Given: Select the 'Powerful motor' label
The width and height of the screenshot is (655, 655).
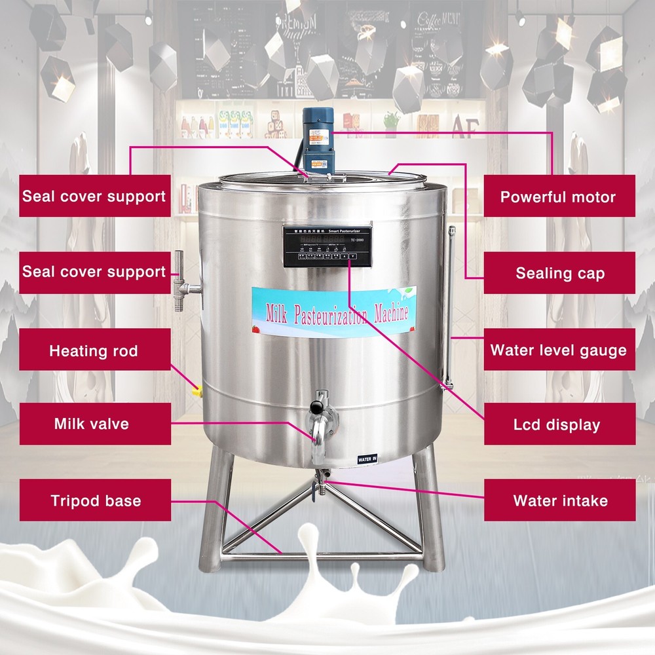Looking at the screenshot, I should pyautogui.click(x=559, y=196).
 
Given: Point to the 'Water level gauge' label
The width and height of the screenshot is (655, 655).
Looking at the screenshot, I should pyautogui.click(x=559, y=350).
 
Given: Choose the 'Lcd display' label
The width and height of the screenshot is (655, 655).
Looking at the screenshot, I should pyautogui.click(x=559, y=424).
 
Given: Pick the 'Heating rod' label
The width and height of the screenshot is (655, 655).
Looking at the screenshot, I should pyautogui.click(x=94, y=350).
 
